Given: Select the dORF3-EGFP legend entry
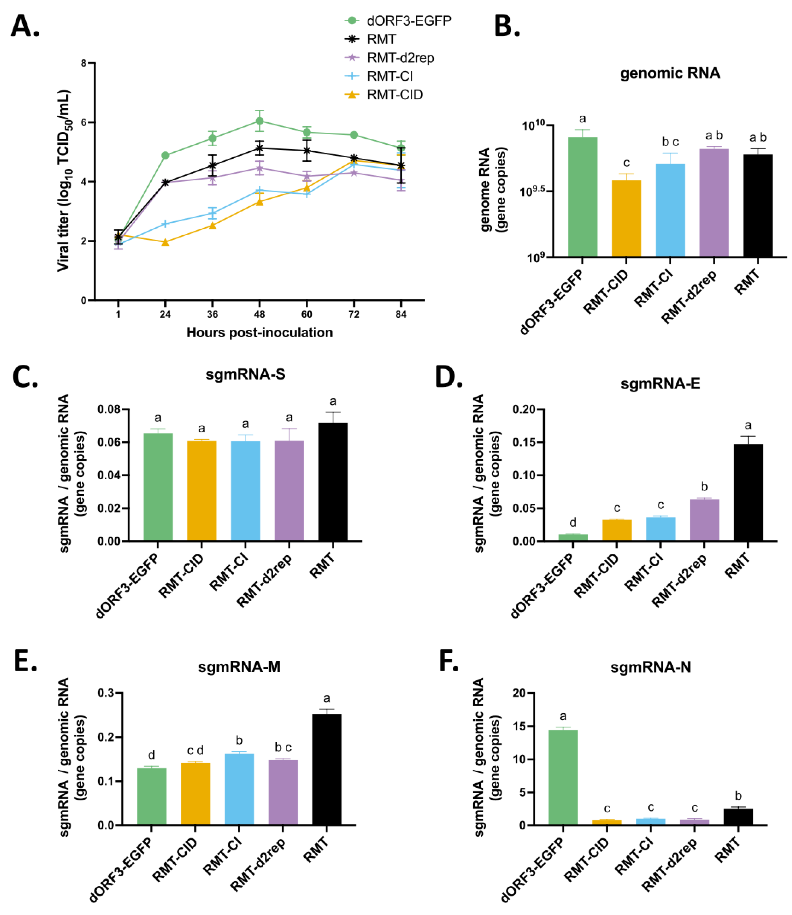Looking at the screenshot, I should (x=408, y=21).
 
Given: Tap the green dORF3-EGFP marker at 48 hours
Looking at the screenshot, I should (x=260, y=121).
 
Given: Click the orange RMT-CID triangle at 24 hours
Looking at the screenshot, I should (x=165, y=242).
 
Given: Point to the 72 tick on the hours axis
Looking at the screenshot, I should (x=354, y=315).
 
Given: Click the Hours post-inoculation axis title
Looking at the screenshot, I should (x=260, y=332).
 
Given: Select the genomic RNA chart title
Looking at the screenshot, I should (x=670, y=73).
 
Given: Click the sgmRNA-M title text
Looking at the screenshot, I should (x=239, y=667).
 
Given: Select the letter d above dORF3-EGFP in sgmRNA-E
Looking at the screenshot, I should (x=573, y=523).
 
